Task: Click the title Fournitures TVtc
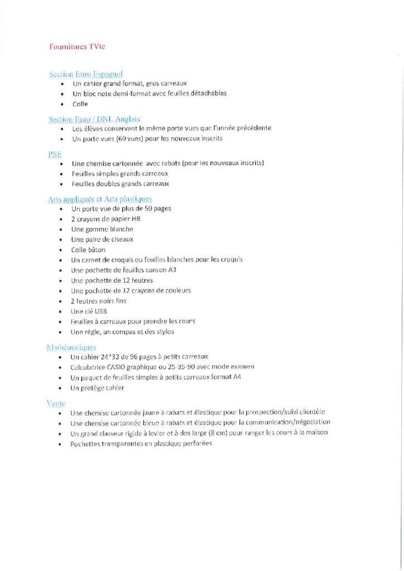pyautogui.click(x=76, y=47)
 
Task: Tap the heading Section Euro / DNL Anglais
pyautogui.click(x=94, y=119)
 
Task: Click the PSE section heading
pyautogui.click(x=55, y=154)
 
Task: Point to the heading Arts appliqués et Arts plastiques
pyautogui.click(x=100, y=199)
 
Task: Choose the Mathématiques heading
pyautogui.click(x=72, y=347)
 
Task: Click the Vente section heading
pyautogui.click(x=56, y=403)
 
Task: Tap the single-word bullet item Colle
pyautogui.click(x=80, y=104)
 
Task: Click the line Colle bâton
pyautogui.click(x=88, y=249)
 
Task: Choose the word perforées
pyautogui.click(x=196, y=443)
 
